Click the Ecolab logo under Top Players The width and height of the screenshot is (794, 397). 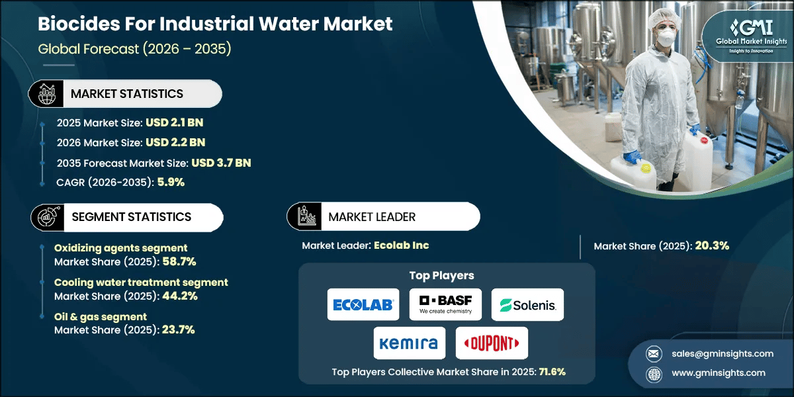[x=363, y=304]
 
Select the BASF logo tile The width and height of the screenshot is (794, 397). [x=445, y=304]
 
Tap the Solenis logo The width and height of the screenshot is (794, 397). [x=527, y=304]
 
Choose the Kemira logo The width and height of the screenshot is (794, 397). [x=409, y=343]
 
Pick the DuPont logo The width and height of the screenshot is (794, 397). [x=492, y=343]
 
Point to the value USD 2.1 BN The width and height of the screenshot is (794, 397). [x=173, y=124]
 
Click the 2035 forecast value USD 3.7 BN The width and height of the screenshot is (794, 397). [x=221, y=162]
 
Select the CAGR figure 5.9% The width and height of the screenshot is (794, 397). [x=170, y=182]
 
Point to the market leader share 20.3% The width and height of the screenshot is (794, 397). [x=712, y=246]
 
